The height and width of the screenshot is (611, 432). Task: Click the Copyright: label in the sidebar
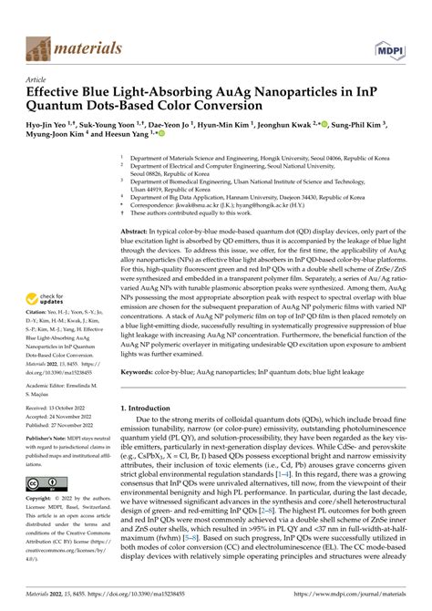pyautogui.click(x=43, y=500)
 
